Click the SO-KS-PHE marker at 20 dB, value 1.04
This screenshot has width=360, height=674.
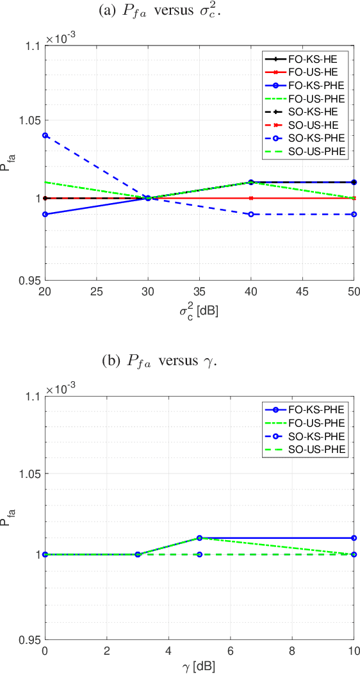[45, 135]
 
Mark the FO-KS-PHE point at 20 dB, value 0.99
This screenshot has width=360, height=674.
[45, 214]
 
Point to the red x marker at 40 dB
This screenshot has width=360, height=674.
[251, 198]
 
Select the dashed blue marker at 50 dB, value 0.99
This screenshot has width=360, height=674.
[354, 214]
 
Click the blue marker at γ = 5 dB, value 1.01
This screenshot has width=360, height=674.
[200, 538]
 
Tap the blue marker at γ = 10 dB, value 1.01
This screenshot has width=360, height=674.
[354, 538]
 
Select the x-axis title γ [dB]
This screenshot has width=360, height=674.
[199, 666]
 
